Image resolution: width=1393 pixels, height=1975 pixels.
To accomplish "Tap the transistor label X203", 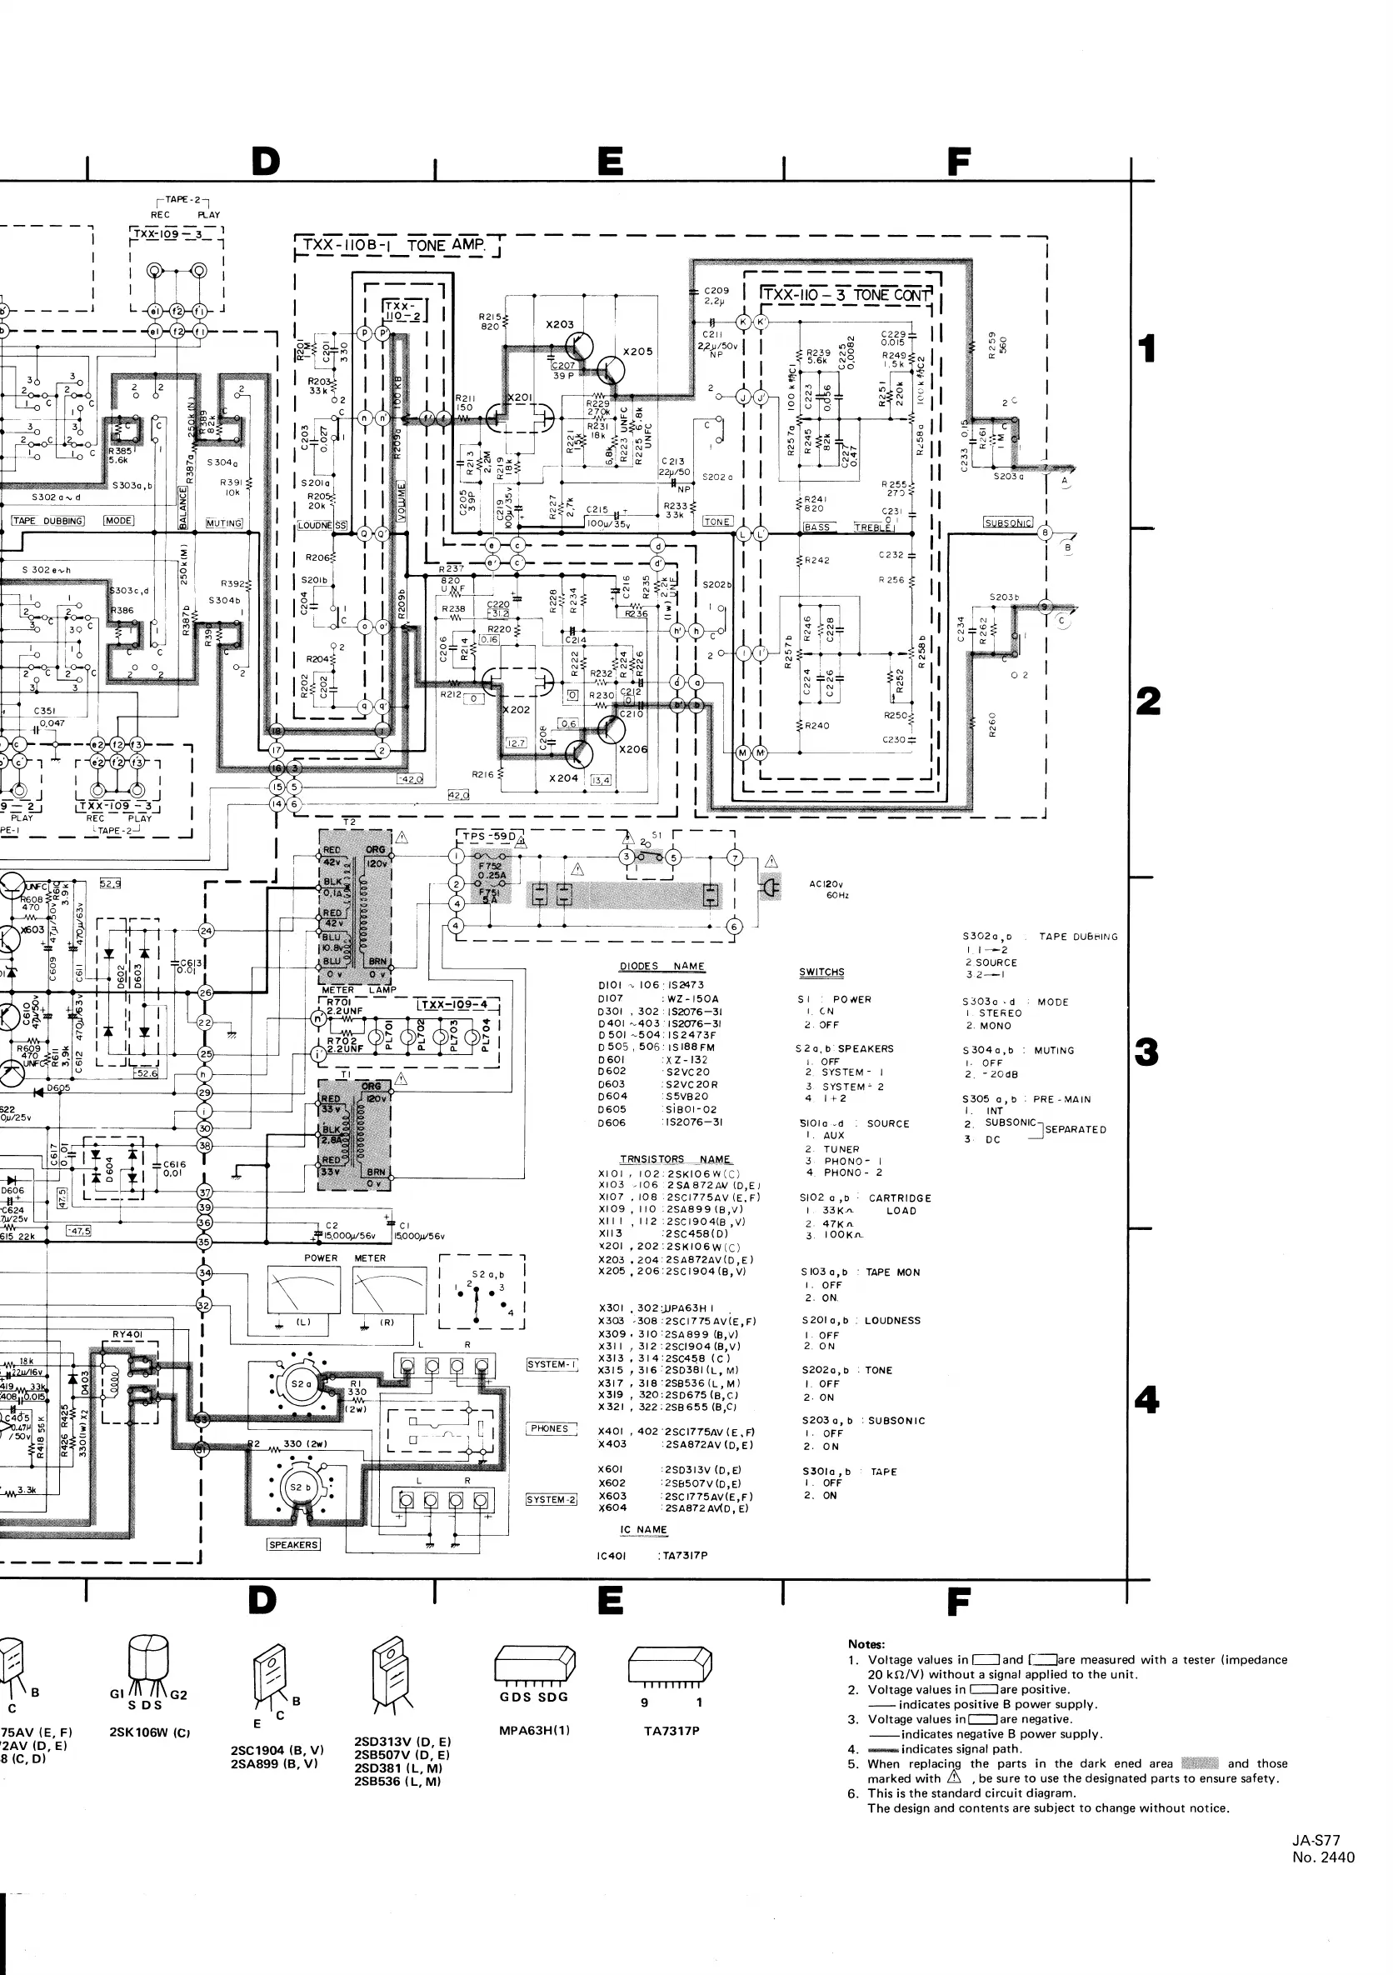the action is tap(560, 324).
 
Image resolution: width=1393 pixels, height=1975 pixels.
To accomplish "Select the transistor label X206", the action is tap(633, 748).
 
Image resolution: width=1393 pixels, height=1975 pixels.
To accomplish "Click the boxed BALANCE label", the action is tap(183, 507).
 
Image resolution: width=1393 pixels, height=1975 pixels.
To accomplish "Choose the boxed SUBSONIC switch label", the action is tap(1008, 522).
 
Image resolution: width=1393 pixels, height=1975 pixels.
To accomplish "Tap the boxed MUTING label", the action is tap(223, 523).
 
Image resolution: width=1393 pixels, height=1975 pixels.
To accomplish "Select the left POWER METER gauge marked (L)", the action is tap(303, 1295).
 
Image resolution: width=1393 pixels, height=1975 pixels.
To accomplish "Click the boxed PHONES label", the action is tap(550, 1429).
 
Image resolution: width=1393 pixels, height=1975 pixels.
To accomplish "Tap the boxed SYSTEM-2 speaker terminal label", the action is tap(552, 1499).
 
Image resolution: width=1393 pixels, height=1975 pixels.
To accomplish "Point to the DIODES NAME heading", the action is tap(662, 966).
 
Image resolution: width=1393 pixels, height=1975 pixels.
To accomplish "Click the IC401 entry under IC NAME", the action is tap(612, 1555).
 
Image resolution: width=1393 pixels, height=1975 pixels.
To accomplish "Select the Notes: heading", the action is tap(866, 1644).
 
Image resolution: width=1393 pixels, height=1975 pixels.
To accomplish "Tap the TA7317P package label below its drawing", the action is tap(672, 1731).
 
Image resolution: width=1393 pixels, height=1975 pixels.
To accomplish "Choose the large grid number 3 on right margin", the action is tap(1147, 1052).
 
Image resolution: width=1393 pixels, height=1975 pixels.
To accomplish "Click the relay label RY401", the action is tap(127, 1334).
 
